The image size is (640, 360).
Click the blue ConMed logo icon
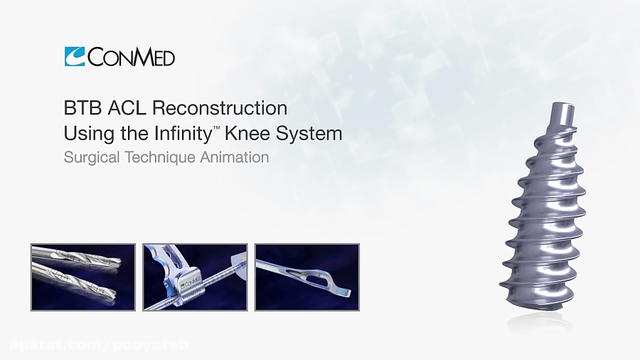click(x=74, y=56)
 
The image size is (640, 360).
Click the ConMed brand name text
click(x=130, y=57)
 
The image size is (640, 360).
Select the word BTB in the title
click(x=80, y=109)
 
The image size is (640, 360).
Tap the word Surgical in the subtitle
click(x=87, y=158)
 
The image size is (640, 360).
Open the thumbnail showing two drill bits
click(x=82, y=277)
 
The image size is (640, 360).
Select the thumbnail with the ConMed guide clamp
click(x=195, y=277)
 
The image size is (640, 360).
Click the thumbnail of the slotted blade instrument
click(x=307, y=277)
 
